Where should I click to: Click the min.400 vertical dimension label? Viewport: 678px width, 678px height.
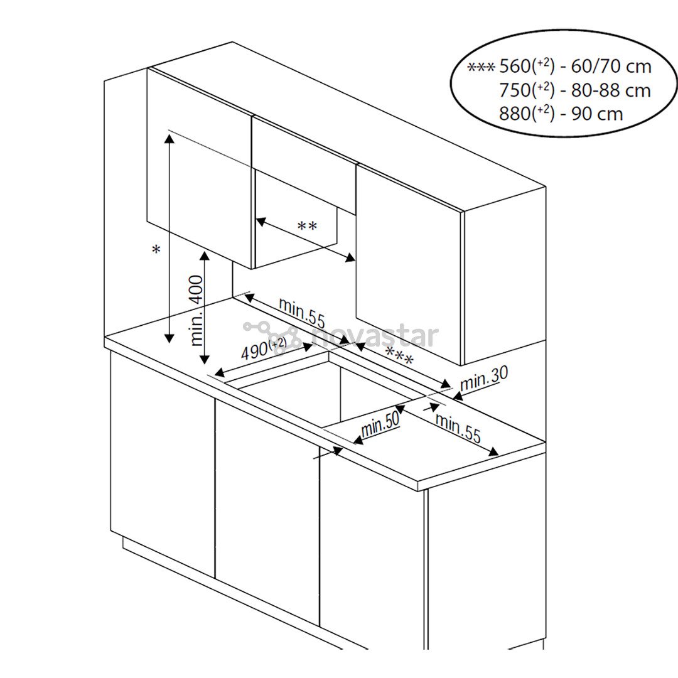coord(196,311)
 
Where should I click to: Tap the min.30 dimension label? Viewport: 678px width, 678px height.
coord(484,379)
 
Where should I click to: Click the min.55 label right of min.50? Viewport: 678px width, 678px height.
coord(458,429)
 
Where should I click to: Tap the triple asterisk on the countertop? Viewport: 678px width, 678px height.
coord(399,358)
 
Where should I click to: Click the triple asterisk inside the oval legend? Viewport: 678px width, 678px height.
coord(482,67)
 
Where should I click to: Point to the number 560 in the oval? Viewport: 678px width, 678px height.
coord(515,67)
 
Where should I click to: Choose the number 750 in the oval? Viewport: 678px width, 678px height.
coord(515,90)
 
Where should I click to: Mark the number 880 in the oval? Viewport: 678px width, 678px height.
coord(515,114)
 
